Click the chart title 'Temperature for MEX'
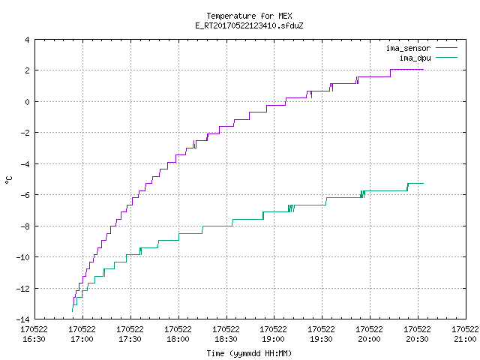coord(249,16)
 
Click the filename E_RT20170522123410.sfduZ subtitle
coord(249,25)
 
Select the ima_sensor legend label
coord(408,48)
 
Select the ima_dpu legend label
coord(415,58)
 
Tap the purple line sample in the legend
coord(446,48)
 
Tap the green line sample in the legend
coord(446,58)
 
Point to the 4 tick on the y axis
coord(28,40)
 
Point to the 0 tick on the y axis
coord(28,102)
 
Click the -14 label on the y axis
coord(23,319)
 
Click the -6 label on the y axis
coord(25,195)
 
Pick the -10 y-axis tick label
coord(23,257)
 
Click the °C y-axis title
coord(9,180)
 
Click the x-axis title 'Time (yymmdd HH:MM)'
coord(249,353)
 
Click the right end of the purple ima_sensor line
coord(423,70)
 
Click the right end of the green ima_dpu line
coord(423,183)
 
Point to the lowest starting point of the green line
coord(72,312)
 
